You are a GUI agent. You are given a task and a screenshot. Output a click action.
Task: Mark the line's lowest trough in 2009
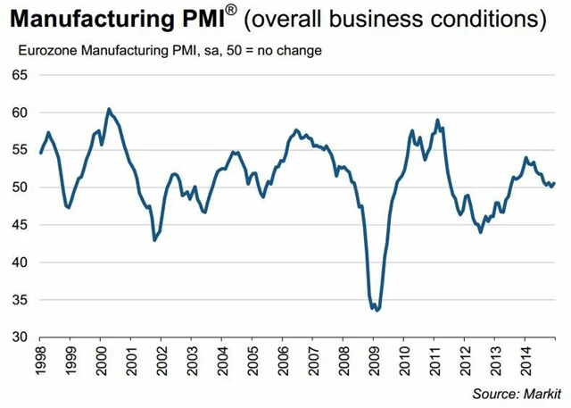pyautogui.click(x=377, y=311)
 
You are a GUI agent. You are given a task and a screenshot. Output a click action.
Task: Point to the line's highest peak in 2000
pyautogui.click(x=108, y=109)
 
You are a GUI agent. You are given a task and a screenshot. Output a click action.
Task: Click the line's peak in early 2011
pyautogui.click(x=437, y=120)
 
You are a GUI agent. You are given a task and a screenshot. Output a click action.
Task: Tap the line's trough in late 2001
pyautogui.click(x=154, y=240)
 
